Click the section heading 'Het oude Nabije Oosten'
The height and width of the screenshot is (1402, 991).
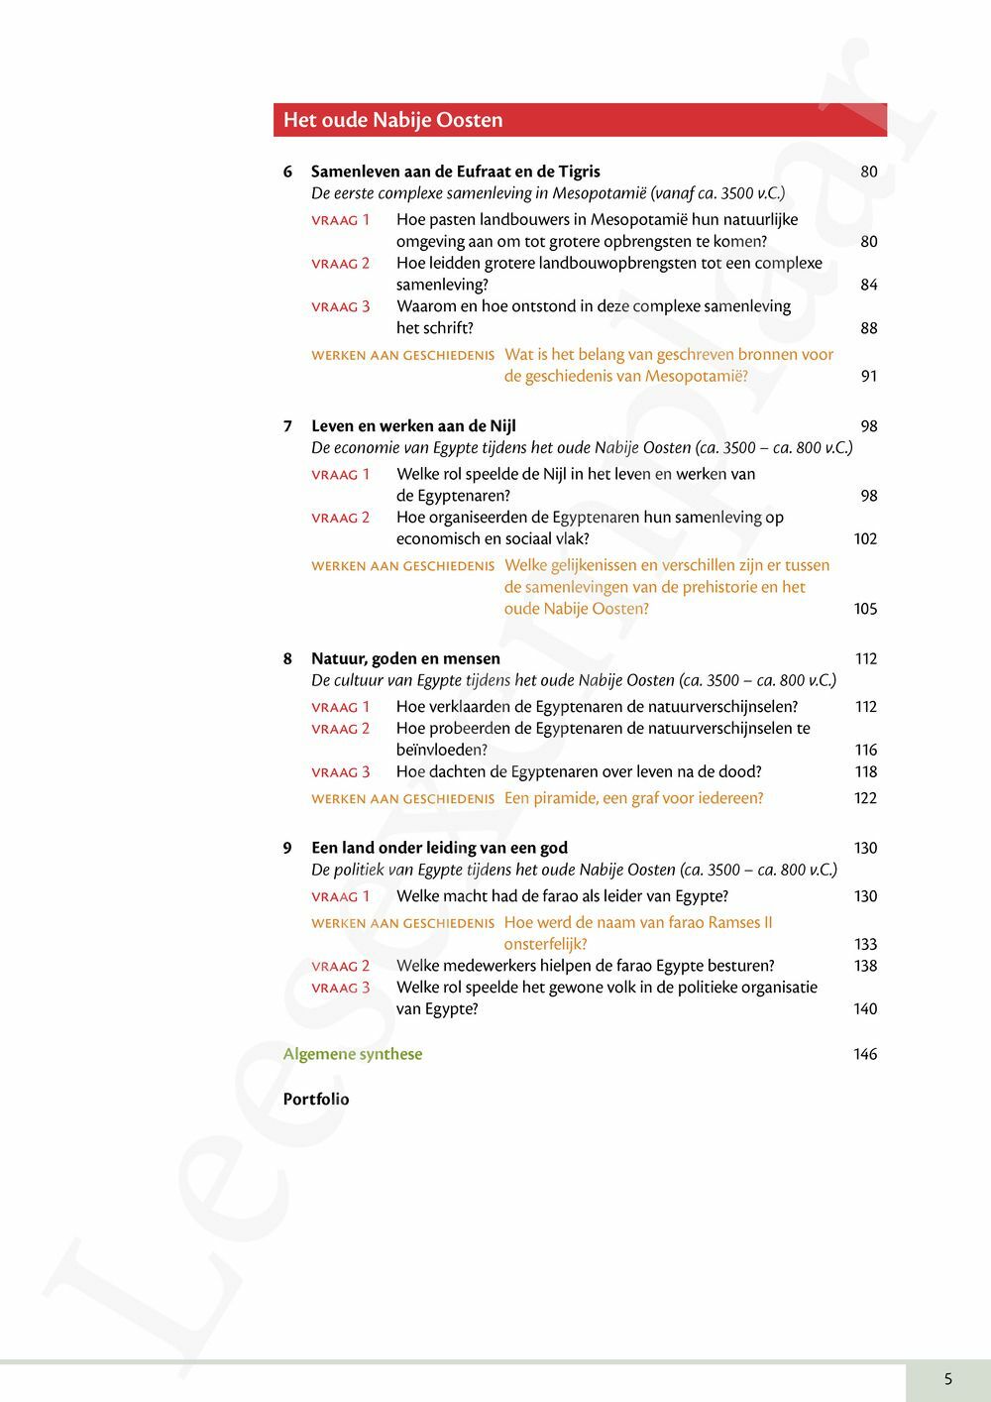pos(392,120)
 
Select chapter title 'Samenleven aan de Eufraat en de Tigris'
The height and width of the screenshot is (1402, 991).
pos(455,172)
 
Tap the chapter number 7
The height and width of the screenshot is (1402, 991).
pos(287,426)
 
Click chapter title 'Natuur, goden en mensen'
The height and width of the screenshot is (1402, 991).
pos(405,658)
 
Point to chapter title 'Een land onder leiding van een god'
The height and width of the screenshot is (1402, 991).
pos(439,848)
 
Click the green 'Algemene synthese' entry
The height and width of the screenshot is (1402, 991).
pos(352,1054)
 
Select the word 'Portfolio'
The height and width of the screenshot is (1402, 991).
pos(316,1099)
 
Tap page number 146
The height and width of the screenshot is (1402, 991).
pos(865,1054)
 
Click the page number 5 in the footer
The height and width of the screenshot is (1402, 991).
pos(948,1378)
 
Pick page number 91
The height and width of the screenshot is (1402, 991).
pos(869,376)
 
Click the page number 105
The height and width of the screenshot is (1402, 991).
pos(865,609)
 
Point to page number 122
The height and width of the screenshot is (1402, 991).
pos(865,798)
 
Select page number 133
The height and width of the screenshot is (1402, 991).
pos(865,944)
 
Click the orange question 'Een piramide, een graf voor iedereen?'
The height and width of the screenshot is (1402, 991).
pos(633,798)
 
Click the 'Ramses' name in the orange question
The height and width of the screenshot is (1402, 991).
pos(733,922)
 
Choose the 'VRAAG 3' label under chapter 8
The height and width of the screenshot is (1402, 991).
pos(340,772)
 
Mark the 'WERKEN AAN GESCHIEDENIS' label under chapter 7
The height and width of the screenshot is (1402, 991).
pos(402,566)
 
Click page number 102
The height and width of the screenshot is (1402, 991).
pos(865,538)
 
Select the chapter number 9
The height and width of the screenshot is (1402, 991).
pos(287,848)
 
